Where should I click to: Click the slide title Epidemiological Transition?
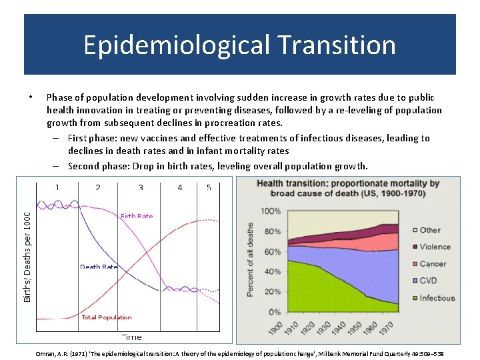239,45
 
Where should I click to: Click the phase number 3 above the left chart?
141,187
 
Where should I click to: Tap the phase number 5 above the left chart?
209,187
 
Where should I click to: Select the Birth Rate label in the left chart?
137,216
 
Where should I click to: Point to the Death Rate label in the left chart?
99,267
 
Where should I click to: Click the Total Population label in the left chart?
106,317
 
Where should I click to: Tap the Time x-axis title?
131,337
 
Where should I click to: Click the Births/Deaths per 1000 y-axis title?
27,257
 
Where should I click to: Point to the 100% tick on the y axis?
270,211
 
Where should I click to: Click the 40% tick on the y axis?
272,272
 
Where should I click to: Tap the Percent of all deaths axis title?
250,259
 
